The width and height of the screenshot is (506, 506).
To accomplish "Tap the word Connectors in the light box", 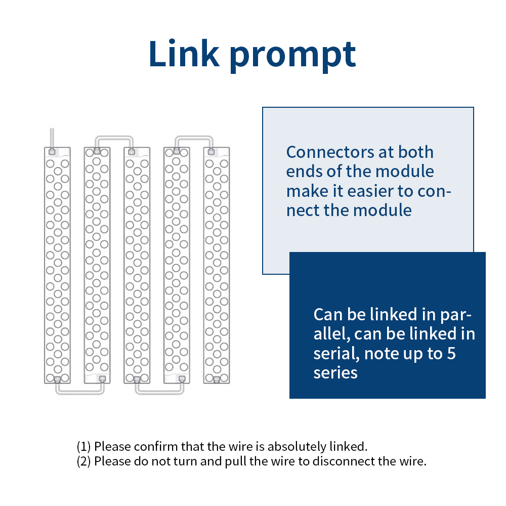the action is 330,152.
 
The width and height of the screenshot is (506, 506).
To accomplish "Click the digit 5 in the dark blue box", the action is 451,353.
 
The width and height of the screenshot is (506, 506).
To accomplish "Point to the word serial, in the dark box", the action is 336,354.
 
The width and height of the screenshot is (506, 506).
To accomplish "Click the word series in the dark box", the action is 335,373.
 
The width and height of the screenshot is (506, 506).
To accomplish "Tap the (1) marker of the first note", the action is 83,447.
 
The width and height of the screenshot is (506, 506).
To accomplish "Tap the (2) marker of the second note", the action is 83,461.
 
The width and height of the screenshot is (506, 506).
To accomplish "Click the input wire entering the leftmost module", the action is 52,138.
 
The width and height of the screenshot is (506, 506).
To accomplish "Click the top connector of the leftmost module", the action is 52,152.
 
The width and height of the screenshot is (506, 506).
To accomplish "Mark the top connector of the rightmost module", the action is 211,152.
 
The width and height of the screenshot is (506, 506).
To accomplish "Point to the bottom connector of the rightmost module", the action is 217,379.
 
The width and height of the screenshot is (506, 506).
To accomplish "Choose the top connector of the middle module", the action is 132,152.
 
